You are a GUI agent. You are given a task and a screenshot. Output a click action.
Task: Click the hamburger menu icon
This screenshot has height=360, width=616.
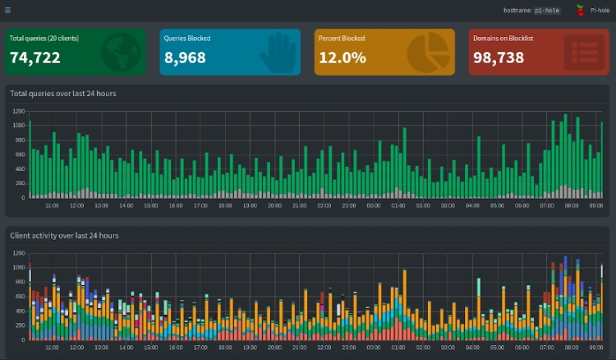click(x=8, y=11)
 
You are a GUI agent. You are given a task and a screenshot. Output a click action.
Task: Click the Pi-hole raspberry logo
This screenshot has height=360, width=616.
click(x=580, y=11)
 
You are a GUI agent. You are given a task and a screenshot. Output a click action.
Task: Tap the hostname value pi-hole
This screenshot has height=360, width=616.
click(x=548, y=11)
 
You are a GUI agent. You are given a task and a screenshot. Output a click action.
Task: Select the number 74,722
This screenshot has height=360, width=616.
click(x=38, y=58)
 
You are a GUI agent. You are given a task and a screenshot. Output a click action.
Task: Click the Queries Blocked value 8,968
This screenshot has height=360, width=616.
click(x=185, y=58)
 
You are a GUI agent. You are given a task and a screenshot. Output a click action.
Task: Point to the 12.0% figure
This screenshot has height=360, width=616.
click(x=342, y=58)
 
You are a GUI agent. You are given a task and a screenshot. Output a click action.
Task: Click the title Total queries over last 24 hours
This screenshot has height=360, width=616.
click(x=63, y=93)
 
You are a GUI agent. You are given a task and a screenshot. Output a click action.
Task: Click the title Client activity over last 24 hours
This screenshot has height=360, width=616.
click(x=64, y=235)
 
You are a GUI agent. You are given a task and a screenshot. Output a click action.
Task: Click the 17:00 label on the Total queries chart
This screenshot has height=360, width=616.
click(x=200, y=207)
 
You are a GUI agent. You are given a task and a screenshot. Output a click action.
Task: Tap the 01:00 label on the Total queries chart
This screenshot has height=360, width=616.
click(x=398, y=207)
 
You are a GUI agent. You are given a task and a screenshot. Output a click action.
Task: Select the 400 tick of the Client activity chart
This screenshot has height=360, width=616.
click(x=19, y=312)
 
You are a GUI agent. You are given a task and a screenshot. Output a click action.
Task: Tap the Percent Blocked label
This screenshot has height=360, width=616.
click(x=342, y=38)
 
